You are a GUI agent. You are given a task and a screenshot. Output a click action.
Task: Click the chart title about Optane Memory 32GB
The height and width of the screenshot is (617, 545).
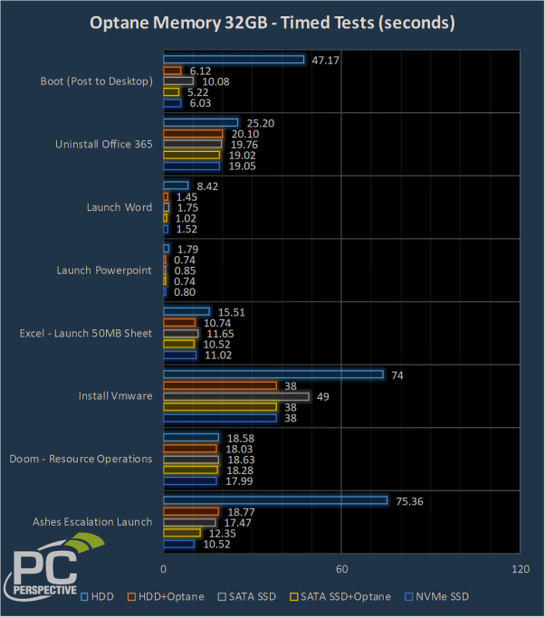click(272, 22)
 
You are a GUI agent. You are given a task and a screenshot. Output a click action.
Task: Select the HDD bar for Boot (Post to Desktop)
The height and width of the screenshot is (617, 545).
click(233, 60)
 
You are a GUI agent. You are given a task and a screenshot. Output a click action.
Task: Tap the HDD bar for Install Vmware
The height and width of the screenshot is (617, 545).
click(272, 375)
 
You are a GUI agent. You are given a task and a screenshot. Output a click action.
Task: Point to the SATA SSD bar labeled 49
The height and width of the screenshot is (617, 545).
click(235, 396)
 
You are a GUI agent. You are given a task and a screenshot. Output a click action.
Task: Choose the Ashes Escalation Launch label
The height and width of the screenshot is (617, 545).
click(92, 521)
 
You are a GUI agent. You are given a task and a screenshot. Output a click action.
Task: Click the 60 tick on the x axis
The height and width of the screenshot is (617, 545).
click(341, 569)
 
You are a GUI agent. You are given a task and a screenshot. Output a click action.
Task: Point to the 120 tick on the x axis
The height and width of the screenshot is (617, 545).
click(520, 569)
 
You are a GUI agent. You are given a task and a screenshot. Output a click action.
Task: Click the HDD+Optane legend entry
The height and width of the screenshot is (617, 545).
click(165, 596)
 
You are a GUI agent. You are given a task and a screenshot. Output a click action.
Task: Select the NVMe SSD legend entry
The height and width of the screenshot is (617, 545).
click(438, 596)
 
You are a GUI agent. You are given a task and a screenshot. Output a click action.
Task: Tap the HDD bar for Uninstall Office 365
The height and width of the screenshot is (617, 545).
click(200, 123)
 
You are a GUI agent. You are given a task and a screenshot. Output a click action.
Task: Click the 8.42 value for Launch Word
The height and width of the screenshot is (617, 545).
click(206, 185)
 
